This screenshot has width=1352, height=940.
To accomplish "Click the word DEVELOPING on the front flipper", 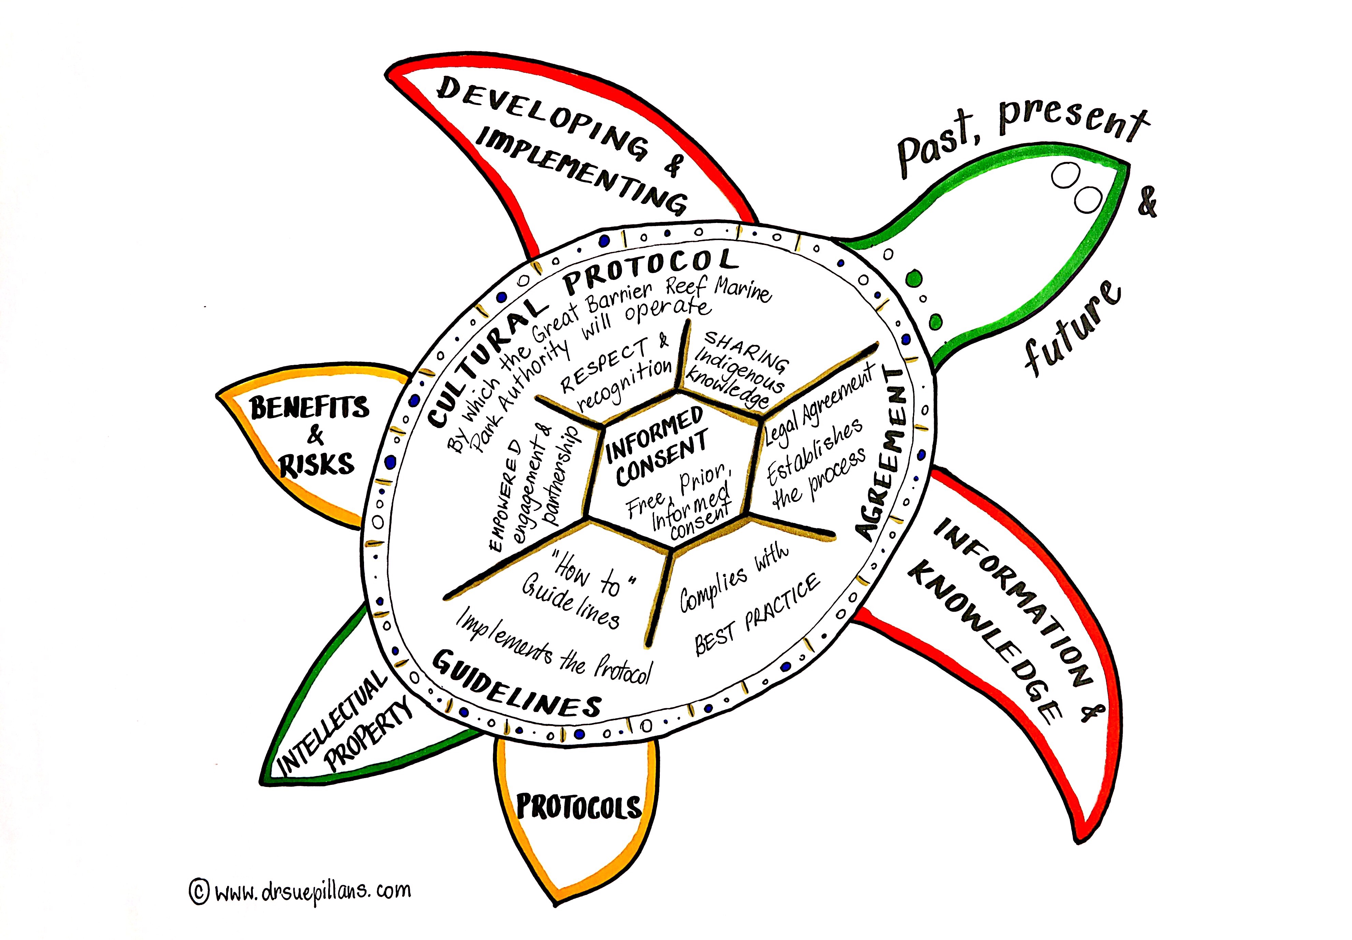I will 542,121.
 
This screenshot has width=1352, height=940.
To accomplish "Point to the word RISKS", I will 317,465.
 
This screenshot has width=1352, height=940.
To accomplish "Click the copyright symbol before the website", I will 199,891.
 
